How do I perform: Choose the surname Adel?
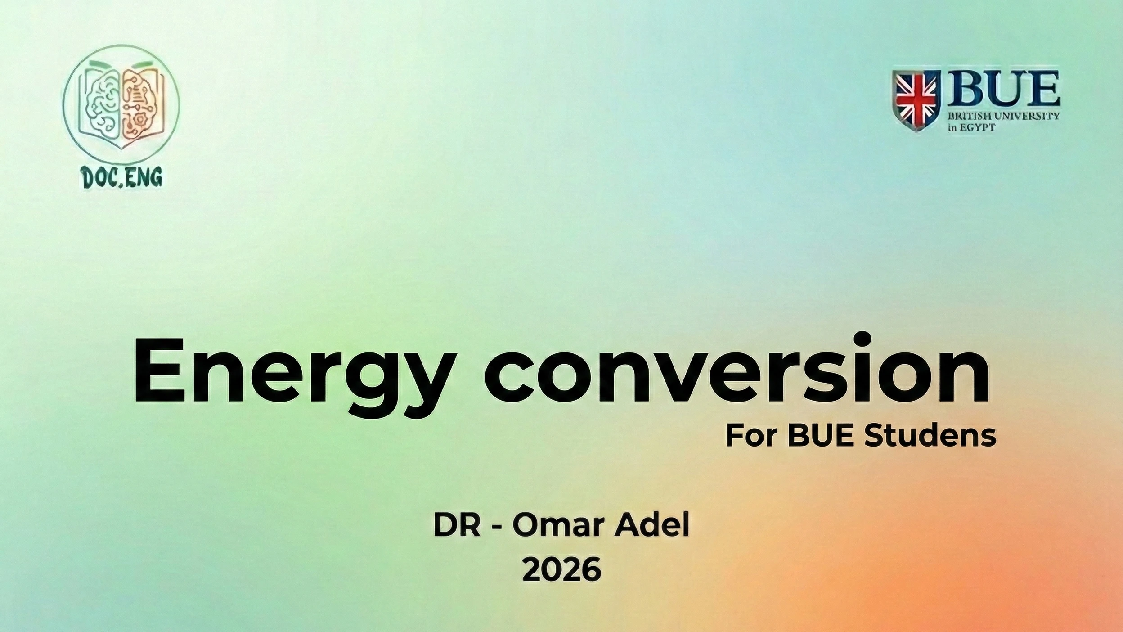pyautogui.click(x=652, y=525)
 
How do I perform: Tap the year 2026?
pyautogui.click(x=561, y=570)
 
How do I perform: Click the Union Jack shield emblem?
pyautogui.click(x=916, y=101)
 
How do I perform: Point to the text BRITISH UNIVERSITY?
pyautogui.click(x=1003, y=116)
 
